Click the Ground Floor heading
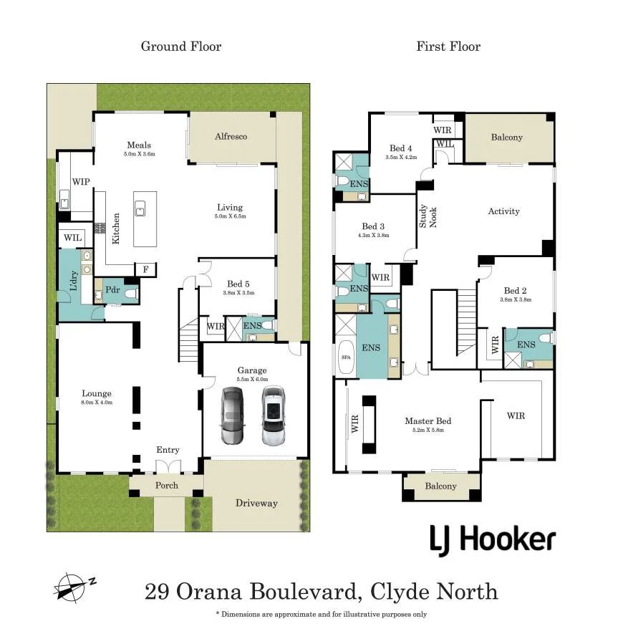point(181,46)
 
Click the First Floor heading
point(448,46)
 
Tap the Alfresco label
point(231,136)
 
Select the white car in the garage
point(274,415)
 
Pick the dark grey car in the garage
point(233,415)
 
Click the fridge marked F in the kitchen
point(145,269)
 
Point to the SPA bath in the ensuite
point(346,357)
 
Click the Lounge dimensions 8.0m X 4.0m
point(97,403)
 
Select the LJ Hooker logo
point(493,540)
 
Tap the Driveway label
point(256,503)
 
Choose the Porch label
point(167,485)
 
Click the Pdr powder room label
point(112,289)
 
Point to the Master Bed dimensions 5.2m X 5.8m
point(428,430)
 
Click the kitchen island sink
point(140,208)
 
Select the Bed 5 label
point(238,284)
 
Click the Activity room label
point(504,211)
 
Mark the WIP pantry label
point(81,181)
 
